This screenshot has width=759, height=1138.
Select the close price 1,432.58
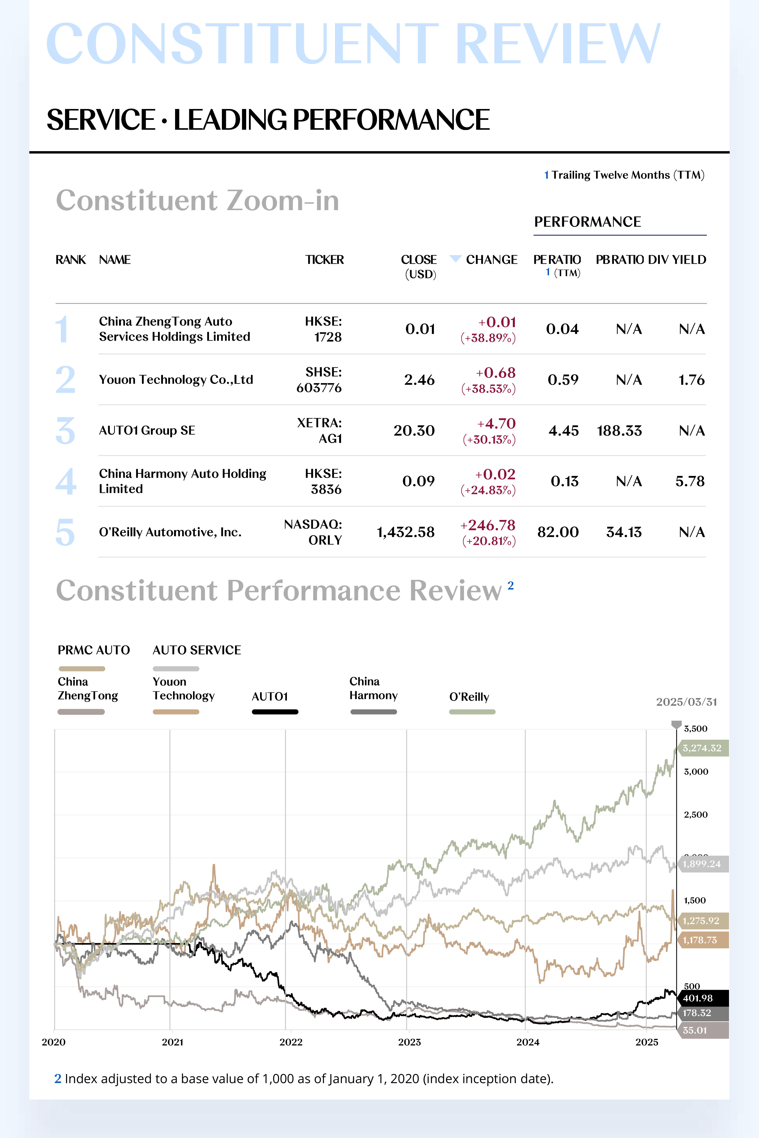click(x=406, y=532)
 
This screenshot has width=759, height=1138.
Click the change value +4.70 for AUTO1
click(x=497, y=423)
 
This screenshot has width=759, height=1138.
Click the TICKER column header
click(x=324, y=260)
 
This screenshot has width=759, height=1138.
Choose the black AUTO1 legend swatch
click(x=275, y=712)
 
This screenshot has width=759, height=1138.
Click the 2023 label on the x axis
click(x=410, y=1042)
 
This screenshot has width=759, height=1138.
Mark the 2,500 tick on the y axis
click(x=695, y=815)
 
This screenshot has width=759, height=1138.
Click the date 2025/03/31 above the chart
click(x=686, y=702)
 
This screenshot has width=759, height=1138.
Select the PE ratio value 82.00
click(x=558, y=532)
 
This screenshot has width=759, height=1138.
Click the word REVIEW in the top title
click(x=558, y=43)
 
